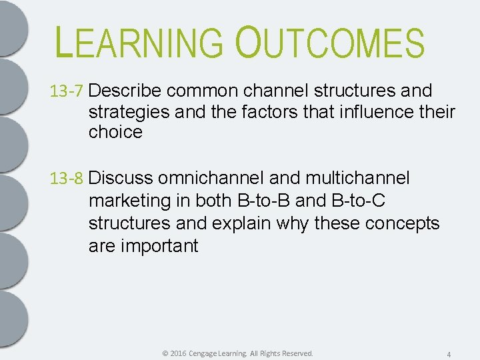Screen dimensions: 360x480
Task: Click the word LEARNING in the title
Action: [140, 43]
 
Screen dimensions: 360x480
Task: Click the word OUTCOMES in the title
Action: [329, 43]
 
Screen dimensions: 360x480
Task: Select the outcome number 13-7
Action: [67, 91]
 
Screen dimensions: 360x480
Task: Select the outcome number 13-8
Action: [67, 179]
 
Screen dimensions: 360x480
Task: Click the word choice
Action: [115, 132]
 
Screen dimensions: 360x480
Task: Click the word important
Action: [159, 246]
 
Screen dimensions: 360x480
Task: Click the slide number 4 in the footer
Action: [449, 354]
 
